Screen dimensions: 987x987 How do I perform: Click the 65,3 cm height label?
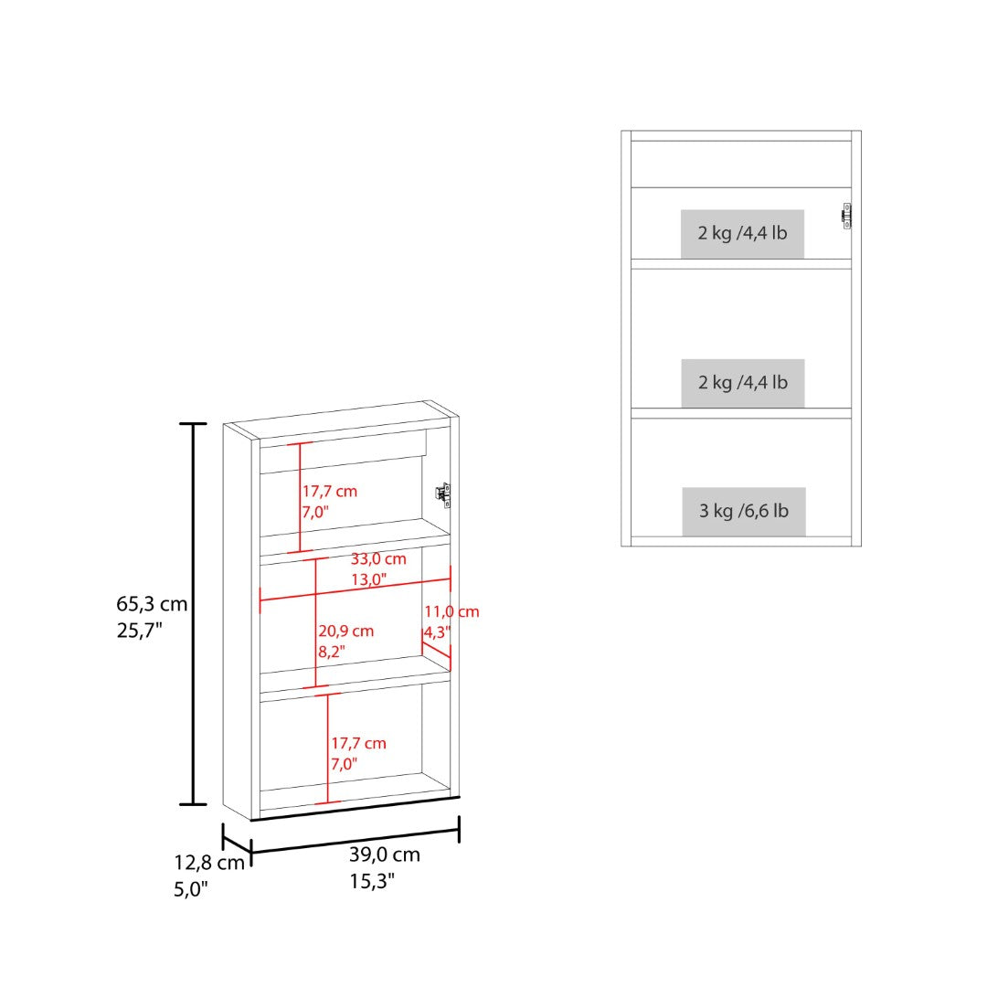pyautogui.click(x=152, y=604)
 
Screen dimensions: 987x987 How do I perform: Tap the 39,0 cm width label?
pyautogui.click(x=385, y=854)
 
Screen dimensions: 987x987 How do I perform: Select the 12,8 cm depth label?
pyautogui.click(x=209, y=863)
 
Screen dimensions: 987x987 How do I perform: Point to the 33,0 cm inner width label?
pyautogui.click(x=378, y=558)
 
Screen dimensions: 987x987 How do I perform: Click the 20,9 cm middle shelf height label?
pyautogui.click(x=345, y=631)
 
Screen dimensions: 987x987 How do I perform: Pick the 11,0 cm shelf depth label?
pyautogui.click(x=451, y=611)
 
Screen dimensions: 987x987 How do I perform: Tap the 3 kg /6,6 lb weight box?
pyautogui.click(x=743, y=511)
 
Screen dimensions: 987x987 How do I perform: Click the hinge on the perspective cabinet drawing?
pyautogui.click(x=444, y=494)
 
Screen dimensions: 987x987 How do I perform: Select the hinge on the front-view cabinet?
pyautogui.click(x=846, y=216)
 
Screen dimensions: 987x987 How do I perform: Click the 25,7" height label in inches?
pyautogui.click(x=140, y=630)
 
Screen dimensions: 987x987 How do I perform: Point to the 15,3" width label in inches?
pyautogui.click(x=372, y=881)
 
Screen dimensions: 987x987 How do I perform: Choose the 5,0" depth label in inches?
pyautogui.click(x=191, y=889)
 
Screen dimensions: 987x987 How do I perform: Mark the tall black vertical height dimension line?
pyautogui.click(x=193, y=614)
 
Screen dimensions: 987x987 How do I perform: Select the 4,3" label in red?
pyautogui.click(x=437, y=632)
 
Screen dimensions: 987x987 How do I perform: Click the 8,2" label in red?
pyautogui.click(x=331, y=652)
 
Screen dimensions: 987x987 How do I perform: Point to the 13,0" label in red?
pyautogui.click(x=369, y=579)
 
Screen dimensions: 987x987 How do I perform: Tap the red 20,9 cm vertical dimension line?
pyautogui.click(x=315, y=622)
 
